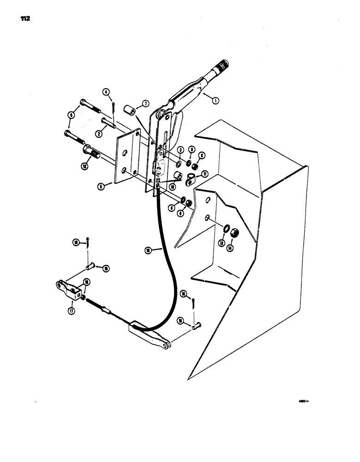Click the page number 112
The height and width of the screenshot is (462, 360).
click(x=25, y=19)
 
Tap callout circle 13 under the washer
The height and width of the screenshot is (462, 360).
click(x=222, y=243)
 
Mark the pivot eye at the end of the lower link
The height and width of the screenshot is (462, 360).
click(x=165, y=343)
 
